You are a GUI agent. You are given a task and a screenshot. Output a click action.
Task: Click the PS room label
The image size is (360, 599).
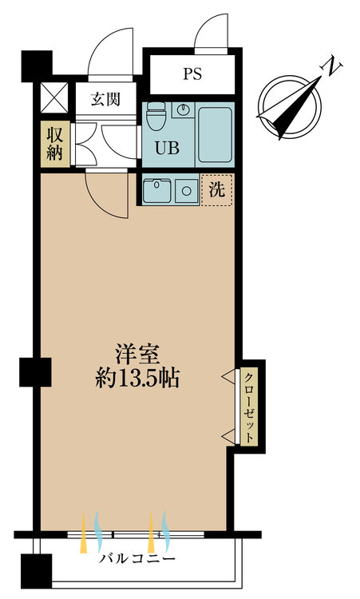tap(191, 75)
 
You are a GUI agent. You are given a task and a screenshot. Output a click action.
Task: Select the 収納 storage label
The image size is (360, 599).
tap(54, 144)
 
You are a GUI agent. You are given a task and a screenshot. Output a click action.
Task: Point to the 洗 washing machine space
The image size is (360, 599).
tap(217, 190)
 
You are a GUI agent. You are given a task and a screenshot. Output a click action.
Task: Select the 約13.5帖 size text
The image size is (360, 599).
tap(136, 378)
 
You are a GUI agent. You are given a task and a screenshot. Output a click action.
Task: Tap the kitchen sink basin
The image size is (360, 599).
tap(157, 191)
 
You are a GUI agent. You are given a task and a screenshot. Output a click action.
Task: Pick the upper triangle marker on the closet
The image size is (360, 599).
tap(227, 375)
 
